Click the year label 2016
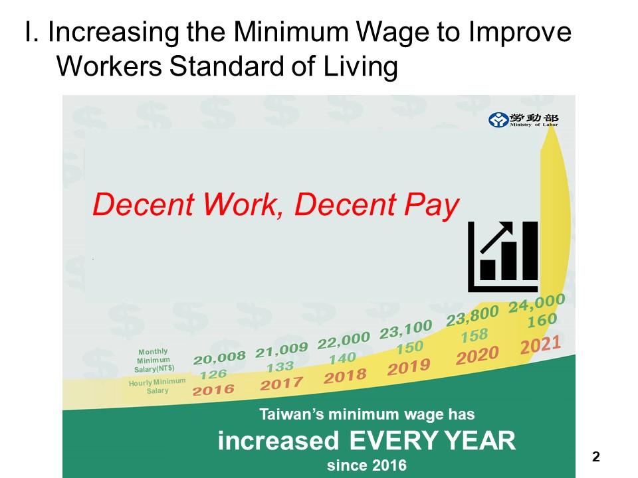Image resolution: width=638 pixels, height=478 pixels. tap(214, 390)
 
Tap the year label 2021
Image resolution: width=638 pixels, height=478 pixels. tap(541, 345)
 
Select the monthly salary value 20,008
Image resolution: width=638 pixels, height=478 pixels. tap(220, 358)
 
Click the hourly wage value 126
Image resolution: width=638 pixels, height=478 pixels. tap(213, 374)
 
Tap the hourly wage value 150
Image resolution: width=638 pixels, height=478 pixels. tap(409, 347)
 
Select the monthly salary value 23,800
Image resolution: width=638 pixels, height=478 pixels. tap(472, 317)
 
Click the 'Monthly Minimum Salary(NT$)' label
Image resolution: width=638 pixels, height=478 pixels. tap(153, 360)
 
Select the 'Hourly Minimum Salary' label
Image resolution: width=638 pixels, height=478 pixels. tap(157, 386)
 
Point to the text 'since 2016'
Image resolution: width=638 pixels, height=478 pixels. tap(367, 465)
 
